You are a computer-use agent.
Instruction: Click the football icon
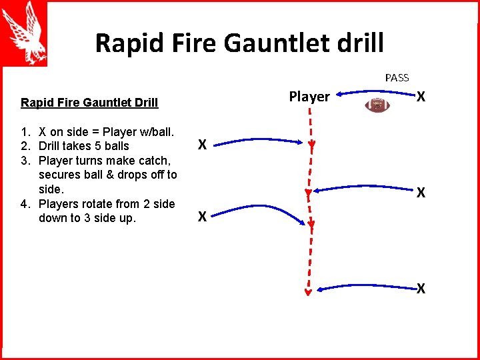pos(378,105)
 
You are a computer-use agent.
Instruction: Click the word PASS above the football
pos(397,78)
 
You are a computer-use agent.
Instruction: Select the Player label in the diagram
pos(309,97)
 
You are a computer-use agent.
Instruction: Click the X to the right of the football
pos(421,97)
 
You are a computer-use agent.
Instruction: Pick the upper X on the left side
pos(201,144)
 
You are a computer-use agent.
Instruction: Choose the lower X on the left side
pos(201,216)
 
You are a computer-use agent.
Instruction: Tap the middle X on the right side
pos(421,193)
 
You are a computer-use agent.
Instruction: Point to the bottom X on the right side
pos(421,289)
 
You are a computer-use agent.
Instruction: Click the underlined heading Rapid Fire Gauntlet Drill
pos(89,103)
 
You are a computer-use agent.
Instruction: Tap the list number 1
pos(25,131)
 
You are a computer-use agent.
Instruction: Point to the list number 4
pos(25,204)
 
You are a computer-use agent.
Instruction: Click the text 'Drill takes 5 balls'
pos(84,146)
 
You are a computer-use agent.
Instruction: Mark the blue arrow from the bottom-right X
pos(367,287)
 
